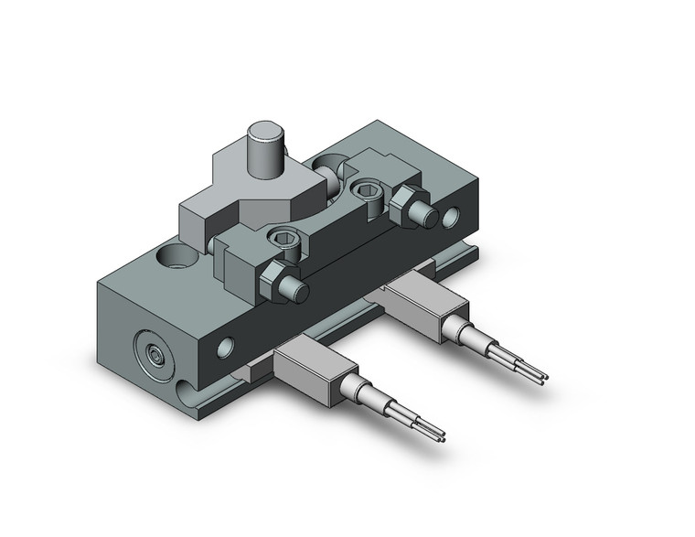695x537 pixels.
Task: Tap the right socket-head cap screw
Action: (x=369, y=189)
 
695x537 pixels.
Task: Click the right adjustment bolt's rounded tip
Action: (x=425, y=218)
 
